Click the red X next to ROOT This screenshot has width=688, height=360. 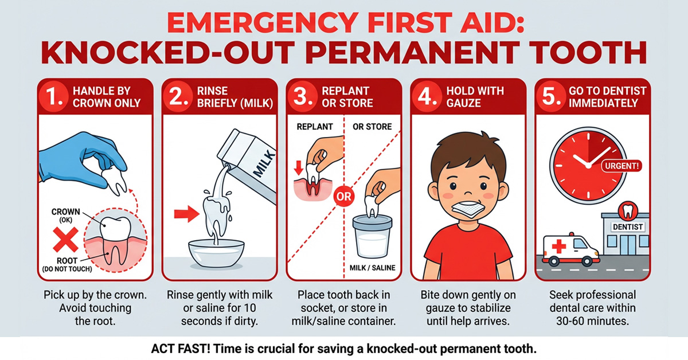(65, 240)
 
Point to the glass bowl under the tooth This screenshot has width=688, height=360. (216, 253)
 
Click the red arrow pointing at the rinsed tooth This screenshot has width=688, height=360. (186, 214)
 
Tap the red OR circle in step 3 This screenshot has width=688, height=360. (343, 197)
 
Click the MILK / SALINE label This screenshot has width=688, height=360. (372, 268)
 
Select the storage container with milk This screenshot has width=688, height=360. (373, 236)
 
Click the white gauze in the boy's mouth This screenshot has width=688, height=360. (467, 209)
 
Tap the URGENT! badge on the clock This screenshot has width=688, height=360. (621, 166)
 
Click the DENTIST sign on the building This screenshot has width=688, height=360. (627, 227)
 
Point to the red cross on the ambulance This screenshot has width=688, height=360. (559, 246)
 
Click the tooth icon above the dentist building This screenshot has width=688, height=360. (628, 211)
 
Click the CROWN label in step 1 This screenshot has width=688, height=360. (65, 212)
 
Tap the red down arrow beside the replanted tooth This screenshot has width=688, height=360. (299, 168)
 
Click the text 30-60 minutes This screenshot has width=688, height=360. (592, 321)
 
